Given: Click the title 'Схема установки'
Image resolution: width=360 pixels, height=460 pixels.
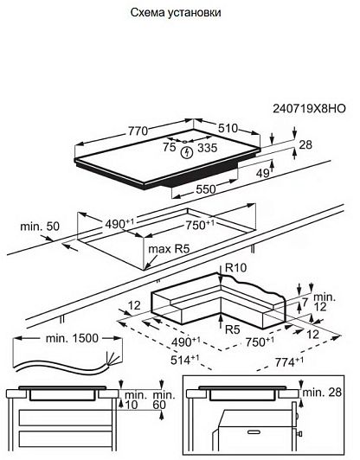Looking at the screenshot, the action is click(176, 13).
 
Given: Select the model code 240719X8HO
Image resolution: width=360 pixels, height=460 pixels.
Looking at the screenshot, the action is click(309, 109).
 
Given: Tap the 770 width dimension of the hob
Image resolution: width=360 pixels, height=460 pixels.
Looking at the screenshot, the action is click(138, 131).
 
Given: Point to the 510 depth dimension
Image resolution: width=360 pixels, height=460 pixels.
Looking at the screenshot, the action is click(228, 128).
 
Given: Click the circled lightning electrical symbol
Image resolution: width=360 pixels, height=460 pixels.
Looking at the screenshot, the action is click(186, 152).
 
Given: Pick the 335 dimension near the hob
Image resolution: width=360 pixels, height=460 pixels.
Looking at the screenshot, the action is click(208, 148).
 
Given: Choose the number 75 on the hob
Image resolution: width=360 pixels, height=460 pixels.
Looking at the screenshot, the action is click(170, 147).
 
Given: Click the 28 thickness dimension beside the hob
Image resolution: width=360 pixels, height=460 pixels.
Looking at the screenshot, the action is click(305, 144).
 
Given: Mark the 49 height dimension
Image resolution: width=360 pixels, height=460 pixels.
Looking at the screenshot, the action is click(262, 174).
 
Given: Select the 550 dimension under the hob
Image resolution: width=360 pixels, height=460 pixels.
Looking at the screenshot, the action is click(206, 189).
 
